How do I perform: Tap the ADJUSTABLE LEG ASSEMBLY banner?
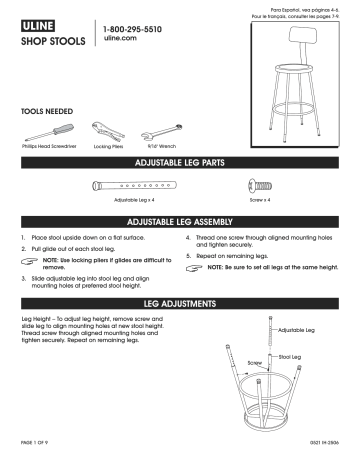click(x=180, y=220)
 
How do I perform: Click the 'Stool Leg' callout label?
click(x=290, y=356)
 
